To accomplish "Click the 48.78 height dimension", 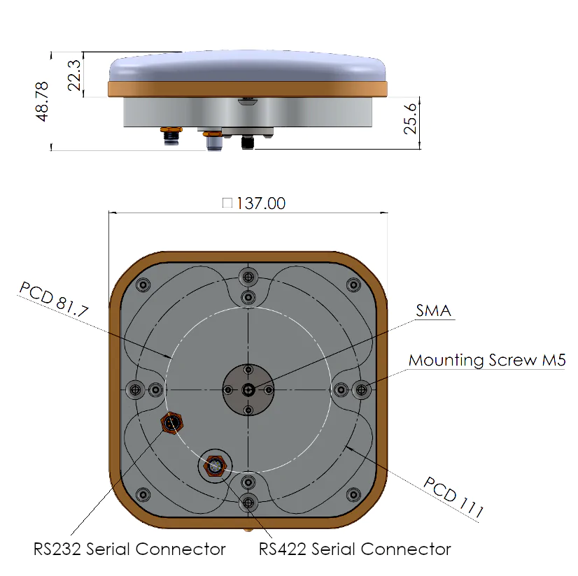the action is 42,101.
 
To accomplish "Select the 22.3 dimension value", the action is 74,75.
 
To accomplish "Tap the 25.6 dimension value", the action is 410,119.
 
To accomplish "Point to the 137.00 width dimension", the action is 260,203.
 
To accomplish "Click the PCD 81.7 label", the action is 54,299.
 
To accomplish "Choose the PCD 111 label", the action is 453,497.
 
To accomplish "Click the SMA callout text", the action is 434,311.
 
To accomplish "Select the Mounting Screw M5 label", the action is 487,360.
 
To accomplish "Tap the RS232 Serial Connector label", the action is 129,549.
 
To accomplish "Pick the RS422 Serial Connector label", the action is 355,549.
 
